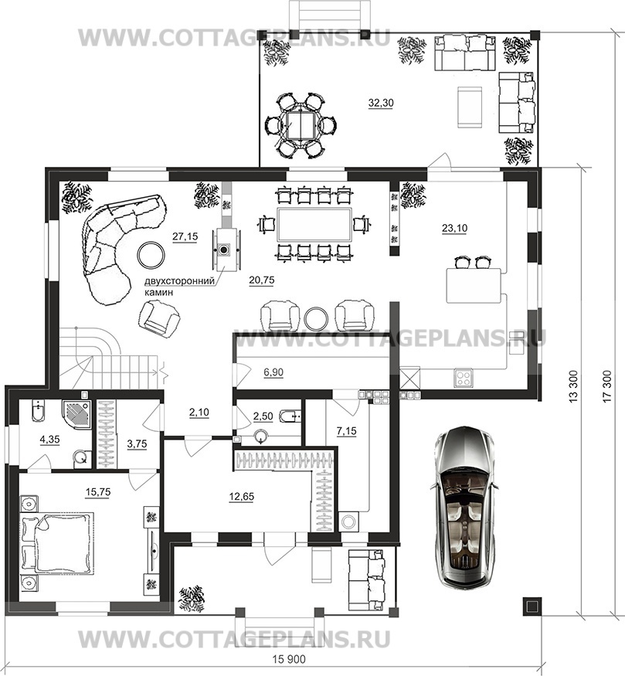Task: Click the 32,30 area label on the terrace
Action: tap(381, 103)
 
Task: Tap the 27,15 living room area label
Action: tap(185, 236)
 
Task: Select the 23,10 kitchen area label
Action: tap(454, 228)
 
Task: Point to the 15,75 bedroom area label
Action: tap(98, 492)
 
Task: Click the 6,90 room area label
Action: tap(273, 372)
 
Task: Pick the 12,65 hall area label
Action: tap(241, 497)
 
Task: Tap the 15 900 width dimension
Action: tap(289, 660)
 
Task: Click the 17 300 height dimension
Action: tap(607, 386)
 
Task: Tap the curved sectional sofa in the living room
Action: tap(114, 246)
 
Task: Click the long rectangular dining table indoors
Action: tap(314, 225)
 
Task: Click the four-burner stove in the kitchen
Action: tap(464, 378)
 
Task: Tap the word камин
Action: tap(158, 292)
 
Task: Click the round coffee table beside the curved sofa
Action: tap(151, 255)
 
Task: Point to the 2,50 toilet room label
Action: tap(263, 416)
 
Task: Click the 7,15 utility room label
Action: tap(347, 430)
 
